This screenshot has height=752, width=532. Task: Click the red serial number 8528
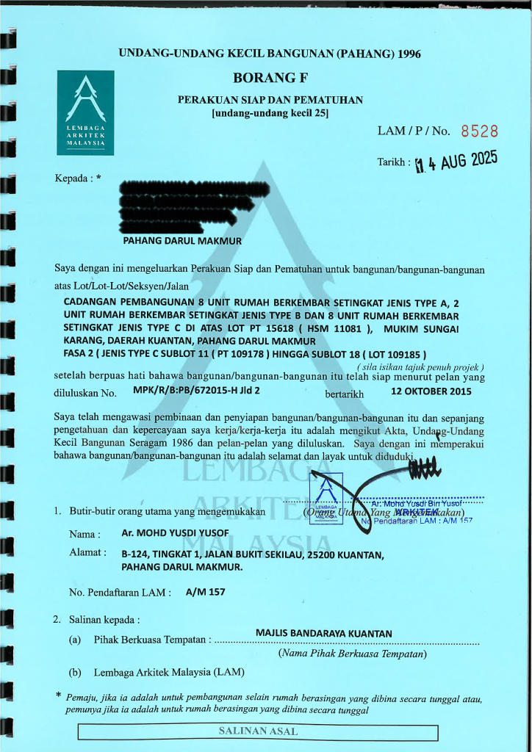coord(479,131)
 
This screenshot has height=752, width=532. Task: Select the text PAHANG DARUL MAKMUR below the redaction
coord(181,240)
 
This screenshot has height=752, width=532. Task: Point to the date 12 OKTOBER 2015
coord(431,391)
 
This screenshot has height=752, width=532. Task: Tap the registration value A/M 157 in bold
coord(206,591)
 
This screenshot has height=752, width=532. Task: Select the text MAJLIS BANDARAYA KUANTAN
coord(324,633)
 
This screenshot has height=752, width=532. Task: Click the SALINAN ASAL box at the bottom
coord(258,731)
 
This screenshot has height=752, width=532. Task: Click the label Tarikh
coord(393,162)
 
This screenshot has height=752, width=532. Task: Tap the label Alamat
coord(87,552)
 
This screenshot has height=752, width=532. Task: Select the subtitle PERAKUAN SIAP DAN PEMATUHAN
coord(270,99)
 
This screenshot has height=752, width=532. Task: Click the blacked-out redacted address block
coord(176,203)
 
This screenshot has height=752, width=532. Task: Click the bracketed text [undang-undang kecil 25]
coord(270,113)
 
